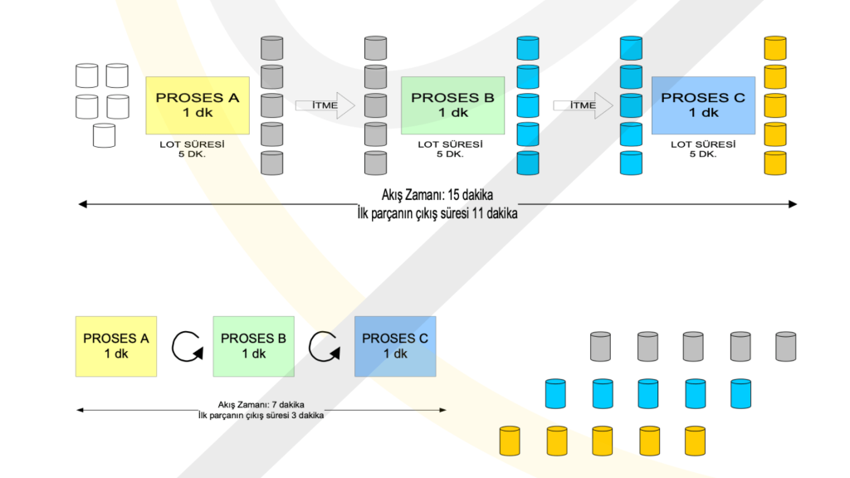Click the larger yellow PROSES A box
tap(198, 105)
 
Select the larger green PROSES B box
tap(452, 105)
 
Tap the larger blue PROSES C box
tap(703, 105)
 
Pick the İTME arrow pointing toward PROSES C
tap(583, 105)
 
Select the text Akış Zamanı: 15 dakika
tap(437, 197)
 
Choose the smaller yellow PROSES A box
tap(116, 346)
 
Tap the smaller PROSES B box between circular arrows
tap(253, 346)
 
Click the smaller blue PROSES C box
tap(395, 346)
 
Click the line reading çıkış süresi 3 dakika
tap(261, 415)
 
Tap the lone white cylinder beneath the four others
tap(104, 135)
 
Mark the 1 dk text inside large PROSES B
tap(453, 113)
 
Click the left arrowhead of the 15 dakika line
tap(81, 203)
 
